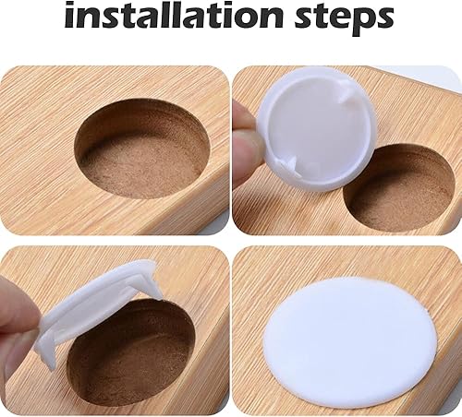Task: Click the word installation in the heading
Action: [x=174, y=15]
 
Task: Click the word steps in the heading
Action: [x=345, y=18]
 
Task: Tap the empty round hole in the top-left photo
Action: [x=142, y=149]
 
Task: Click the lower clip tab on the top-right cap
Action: [x=288, y=168]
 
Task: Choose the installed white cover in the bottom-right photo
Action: [x=352, y=338]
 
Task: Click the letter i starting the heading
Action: [x=70, y=15]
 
